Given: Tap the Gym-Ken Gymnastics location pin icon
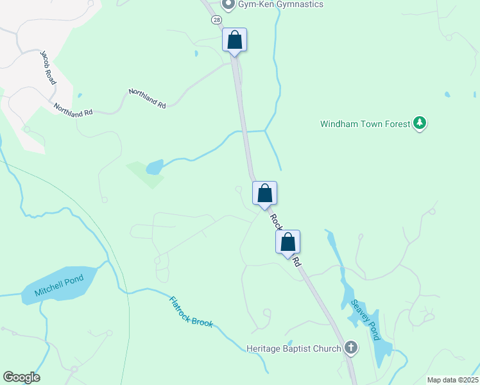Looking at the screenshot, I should pos(228,4).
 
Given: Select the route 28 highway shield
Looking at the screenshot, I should pos(216,20).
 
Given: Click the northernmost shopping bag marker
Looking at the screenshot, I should pos(235,40).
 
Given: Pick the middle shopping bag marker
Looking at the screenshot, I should pos(264,193).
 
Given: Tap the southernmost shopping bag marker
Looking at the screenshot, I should pos(288,242).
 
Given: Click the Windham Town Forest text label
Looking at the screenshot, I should pos(365,124).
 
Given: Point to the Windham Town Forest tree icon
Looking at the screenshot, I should pos(420,123).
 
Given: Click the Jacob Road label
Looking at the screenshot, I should pos(49,66).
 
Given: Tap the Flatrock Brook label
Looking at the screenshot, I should pos(191,312).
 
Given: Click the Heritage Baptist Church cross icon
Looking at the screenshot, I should pos(350,348).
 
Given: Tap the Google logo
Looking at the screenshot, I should pos(21,377).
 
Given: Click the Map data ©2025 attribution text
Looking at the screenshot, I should pos(452,380).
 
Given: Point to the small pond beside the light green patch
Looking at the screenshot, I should pos(154,168).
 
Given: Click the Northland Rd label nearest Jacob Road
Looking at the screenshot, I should pos(73,110).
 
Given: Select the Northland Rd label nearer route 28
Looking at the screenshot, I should pos(147,98).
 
